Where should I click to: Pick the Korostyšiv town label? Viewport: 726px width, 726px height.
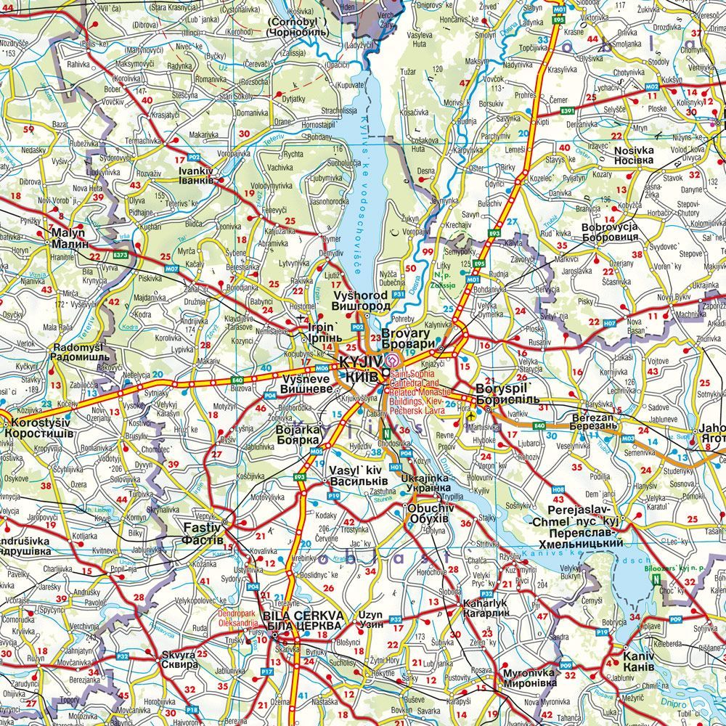[x=38, y=428]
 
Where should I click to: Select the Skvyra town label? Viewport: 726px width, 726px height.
[x=179, y=659]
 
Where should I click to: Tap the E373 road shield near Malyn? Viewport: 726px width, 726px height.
[x=121, y=255]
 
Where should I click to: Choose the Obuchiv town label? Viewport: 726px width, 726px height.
[x=431, y=513]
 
